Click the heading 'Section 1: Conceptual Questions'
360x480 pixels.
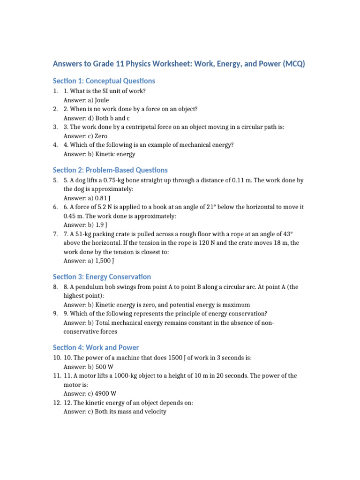pyautogui.click(x=104, y=81)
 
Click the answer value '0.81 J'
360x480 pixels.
pyautogui.click(x=100, y=198)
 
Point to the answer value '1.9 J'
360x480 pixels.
pyautogui.click(x=97, y=225)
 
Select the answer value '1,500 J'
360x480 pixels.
pyautogui.click(x=103, y=260)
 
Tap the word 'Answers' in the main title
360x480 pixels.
pyautogui.click(x=67, y=63)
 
